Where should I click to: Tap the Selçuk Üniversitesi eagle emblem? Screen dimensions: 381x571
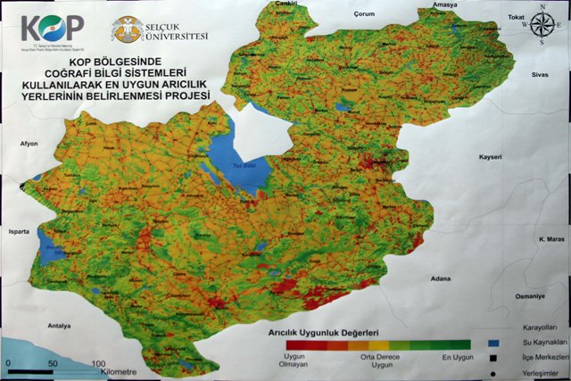tap(125, 30)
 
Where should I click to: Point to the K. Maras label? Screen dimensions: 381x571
tap(551, 239)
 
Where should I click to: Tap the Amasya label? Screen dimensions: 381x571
tap(443, 5)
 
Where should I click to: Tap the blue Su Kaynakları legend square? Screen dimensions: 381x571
tap(492, 342)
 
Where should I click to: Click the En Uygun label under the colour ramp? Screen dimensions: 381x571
tap(459, 357)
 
